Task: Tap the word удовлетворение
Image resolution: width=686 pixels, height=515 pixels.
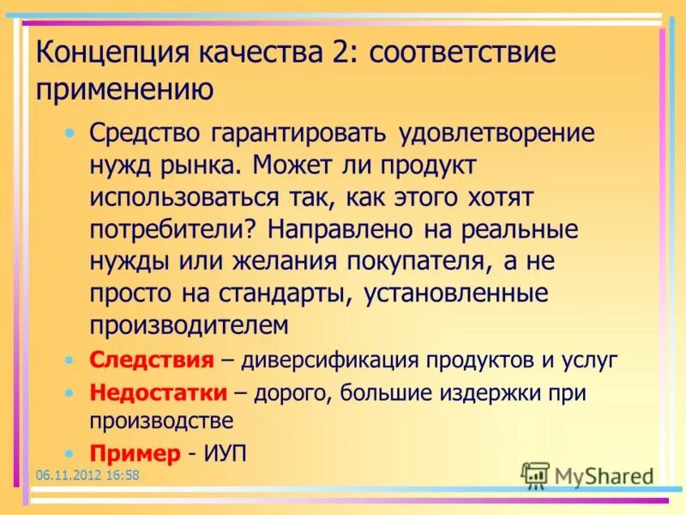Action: [496, 134]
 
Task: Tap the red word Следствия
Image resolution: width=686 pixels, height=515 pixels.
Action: [151, 360]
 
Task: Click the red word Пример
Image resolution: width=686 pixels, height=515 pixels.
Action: [135, 452]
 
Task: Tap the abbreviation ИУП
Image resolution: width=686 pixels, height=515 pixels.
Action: [226, 452]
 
